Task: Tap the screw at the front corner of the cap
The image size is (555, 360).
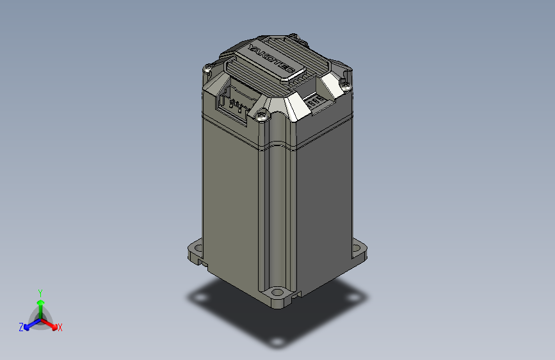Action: (262, 117)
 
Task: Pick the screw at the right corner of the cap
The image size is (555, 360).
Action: (346, 83)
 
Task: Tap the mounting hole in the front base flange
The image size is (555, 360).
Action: (278, 293)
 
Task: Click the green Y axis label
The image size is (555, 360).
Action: (40, 291)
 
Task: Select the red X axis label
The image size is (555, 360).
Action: (60, 328)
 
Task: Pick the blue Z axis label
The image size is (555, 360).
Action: (21, 327)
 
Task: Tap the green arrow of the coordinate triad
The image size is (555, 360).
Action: (40, 304)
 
